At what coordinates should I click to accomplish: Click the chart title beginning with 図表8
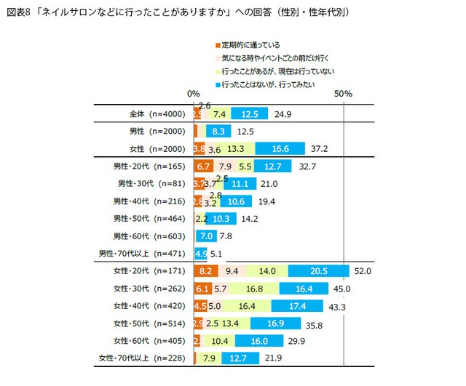pyautogui.click(x=177, y=12)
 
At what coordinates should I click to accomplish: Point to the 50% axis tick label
pyautogui.click(x=343, y=95)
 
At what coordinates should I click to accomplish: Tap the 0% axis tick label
pyautogui.click(x=194, y=95)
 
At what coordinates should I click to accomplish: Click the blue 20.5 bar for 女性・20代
pyautogui.click(x=318, y=270)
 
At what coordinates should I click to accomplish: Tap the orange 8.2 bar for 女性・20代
pyautogui.click(x=206, y=270)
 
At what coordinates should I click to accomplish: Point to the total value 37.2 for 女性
pyautogui.click(x=319, y=149)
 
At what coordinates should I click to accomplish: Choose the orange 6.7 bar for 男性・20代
pyautogui.click(x=204, y=166)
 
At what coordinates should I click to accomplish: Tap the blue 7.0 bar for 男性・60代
pyautogui.click(x=205, y=236)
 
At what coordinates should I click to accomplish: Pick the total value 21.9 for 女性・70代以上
pyautogui.click(x=273, y=358)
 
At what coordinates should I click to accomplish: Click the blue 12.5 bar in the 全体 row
pyautogui.click(x=250, y=114)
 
